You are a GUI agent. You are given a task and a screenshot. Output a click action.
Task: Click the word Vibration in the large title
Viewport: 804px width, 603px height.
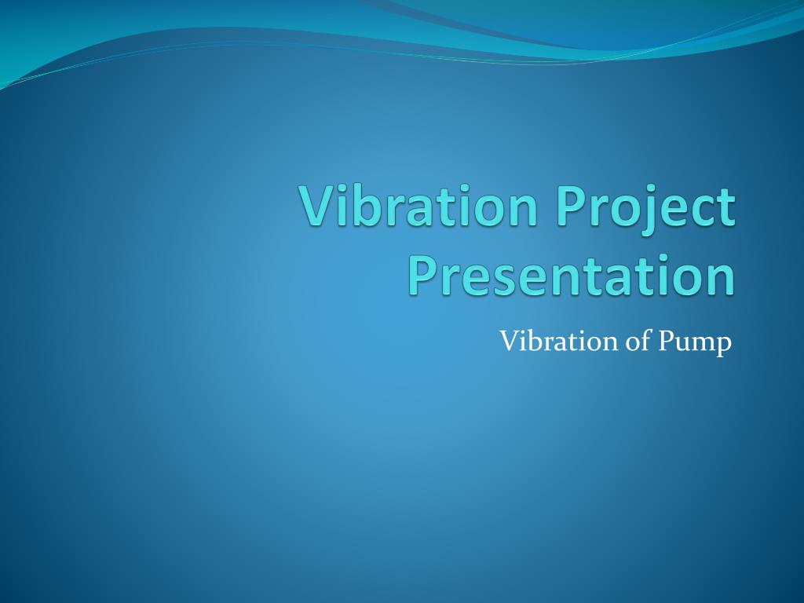420,206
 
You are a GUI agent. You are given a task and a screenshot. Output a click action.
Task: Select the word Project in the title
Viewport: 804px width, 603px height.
646,206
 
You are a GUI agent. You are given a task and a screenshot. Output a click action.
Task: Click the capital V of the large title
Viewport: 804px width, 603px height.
316,206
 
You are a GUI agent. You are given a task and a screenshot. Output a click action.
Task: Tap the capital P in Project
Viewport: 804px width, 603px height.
572,206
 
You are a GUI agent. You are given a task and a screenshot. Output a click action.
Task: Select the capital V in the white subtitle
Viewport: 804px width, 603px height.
508,342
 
